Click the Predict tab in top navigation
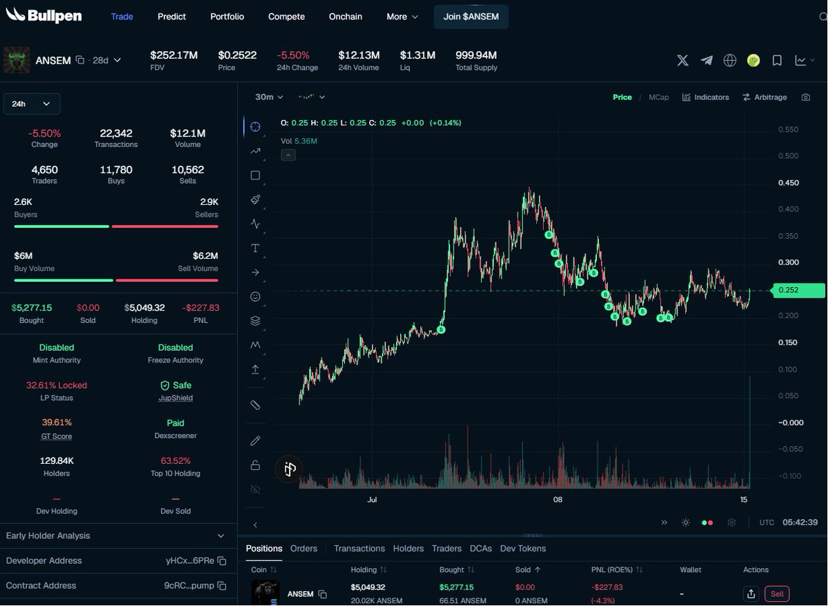coord(172,17)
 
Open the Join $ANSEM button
coord(471,17)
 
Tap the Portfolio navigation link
coord(227,17)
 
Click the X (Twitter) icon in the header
coord(682,60)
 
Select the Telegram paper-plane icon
coord(707,60)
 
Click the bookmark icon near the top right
coord(777,60)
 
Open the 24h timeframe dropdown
coord(32,104)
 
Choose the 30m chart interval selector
coord(268,97)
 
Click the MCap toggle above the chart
coord(659,97)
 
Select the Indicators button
coord(705,97)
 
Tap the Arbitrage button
coord(765,97)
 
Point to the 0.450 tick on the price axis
coord(789,183)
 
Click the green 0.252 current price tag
coord(798,291)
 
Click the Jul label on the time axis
coord(372,500)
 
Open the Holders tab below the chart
coord(408,548)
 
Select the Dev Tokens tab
coord(523,548)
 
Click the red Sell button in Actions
coord(777,594)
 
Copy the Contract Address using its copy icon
coord(221,586)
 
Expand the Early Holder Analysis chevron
coord(221,536)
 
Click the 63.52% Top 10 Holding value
coord(175,460)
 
